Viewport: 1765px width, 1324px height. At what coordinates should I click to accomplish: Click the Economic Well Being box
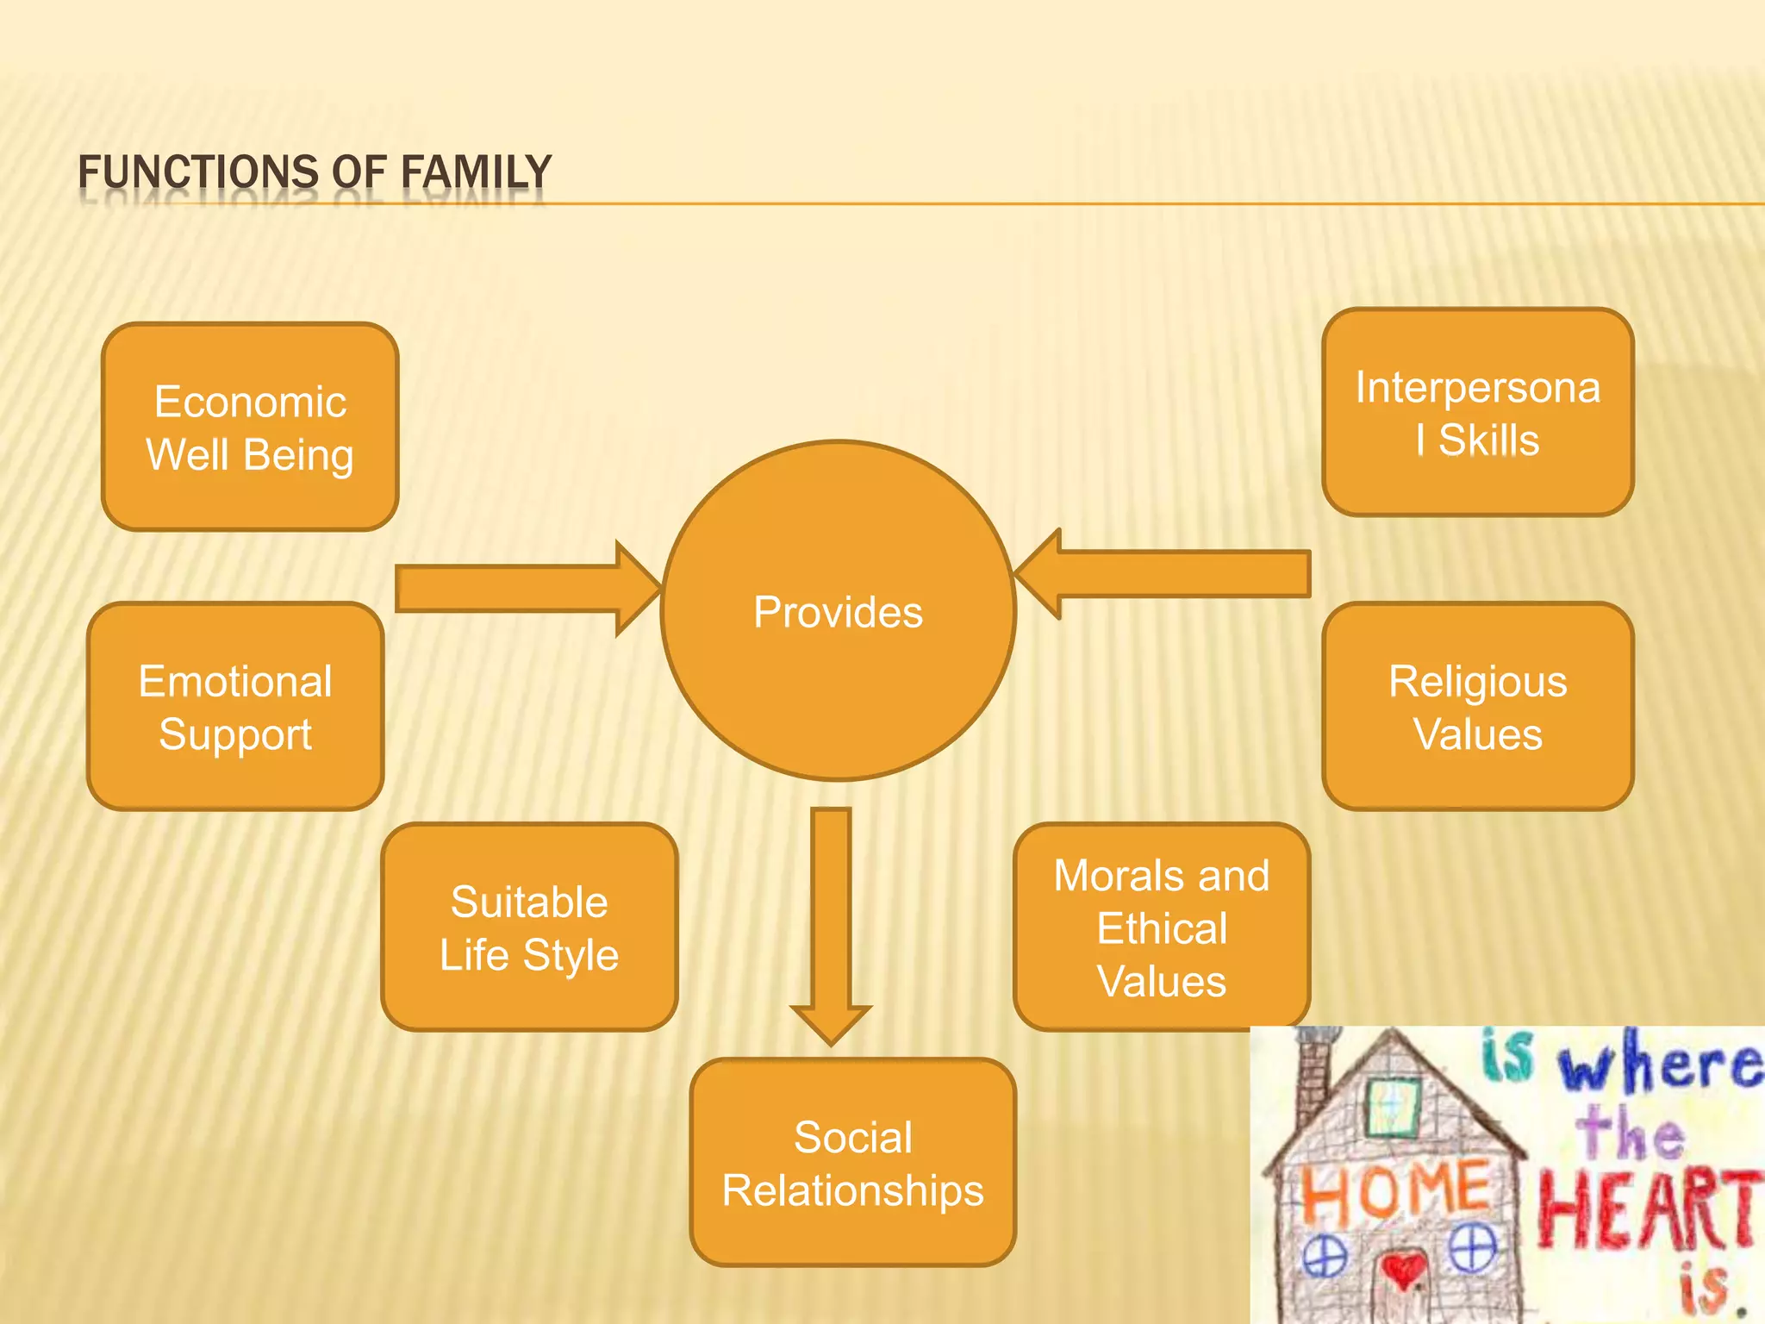pyautogui.click(x=250, y=428)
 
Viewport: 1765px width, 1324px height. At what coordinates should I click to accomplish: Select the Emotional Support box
pyautogui.click(x=235, y=707)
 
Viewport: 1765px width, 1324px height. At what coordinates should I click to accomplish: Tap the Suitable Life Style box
pyautogui.click(x=529, y=927)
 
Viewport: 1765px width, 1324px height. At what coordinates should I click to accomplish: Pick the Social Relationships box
pyautogui.click(x=853, y=1163)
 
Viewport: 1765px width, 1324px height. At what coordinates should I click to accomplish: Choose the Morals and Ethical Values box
pyautogui.click(x=1162, y=927)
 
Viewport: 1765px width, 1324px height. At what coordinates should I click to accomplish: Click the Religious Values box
pyautogui.click(x=1477, y=707)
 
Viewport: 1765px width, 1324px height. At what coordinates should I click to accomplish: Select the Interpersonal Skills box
pyautogui.click(x=1477, y=413)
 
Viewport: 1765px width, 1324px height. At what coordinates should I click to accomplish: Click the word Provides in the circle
pyautogui.click(x=838, y=612)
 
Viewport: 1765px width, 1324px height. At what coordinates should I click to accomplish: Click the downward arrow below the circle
pyautogui.click(x=832, y=922)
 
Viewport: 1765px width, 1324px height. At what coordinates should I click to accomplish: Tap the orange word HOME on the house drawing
pyautogui.click(x=1394, y=1192)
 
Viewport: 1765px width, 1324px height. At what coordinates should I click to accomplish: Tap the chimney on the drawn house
pyautogui.click(x=1312, y=1069)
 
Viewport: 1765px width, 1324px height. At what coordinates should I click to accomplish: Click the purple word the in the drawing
pyautogui.click(x=1629, y=1134)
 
